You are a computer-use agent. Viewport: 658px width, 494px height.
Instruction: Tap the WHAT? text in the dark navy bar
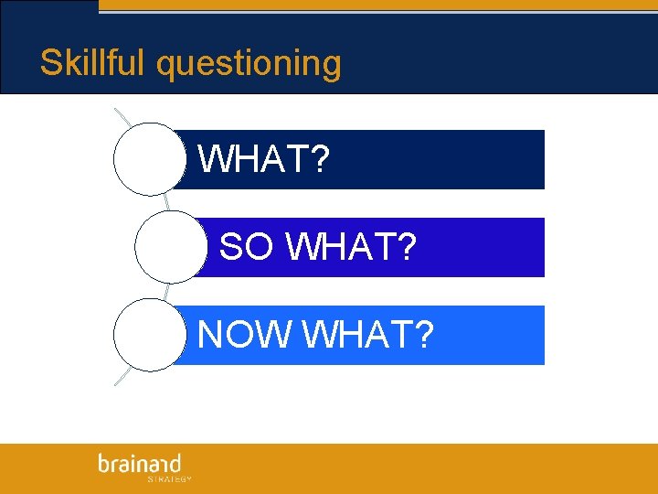263,160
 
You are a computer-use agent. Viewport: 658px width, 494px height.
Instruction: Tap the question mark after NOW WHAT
423,335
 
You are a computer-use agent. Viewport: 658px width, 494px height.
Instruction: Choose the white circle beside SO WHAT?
171,247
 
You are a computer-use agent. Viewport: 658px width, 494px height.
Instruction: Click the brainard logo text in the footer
140,464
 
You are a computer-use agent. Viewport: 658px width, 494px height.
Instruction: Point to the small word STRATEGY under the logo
169,478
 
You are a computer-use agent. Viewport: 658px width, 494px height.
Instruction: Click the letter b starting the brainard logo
104,464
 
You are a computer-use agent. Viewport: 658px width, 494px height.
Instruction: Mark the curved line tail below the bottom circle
121,379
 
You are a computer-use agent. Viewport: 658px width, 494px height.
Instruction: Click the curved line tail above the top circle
122,116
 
